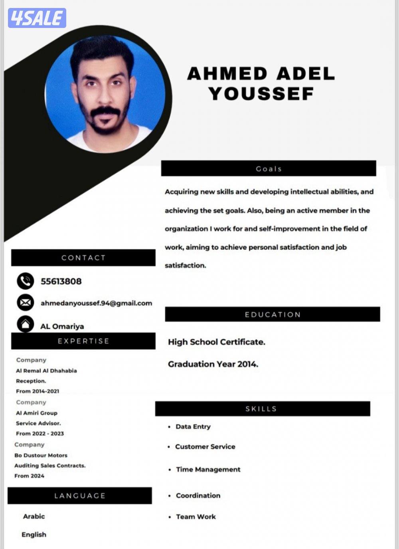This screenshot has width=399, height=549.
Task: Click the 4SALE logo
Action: [37, 18]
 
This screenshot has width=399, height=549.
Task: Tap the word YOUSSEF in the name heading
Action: [261, 94]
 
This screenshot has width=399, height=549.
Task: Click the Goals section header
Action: [269, 169]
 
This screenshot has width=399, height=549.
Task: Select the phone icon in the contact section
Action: [25, 281]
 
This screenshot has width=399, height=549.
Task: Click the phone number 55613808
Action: [61, 281]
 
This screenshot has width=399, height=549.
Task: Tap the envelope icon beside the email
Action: [25, 303]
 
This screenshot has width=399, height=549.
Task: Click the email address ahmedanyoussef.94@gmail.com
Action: [96, 303]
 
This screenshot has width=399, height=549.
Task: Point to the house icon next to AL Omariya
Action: [25, 324]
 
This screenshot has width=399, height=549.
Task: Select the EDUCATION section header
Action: [273, 315]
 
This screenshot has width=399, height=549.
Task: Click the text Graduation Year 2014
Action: [213, 364]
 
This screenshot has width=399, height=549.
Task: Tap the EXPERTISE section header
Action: [83, 341]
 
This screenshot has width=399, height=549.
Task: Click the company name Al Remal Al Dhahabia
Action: [46, 371]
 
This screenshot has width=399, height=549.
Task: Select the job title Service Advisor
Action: [38, 423]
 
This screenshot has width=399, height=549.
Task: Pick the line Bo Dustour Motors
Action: [41, 455]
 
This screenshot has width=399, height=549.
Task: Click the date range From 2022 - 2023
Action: [40, 434]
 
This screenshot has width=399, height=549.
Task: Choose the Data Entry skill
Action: [193, 427]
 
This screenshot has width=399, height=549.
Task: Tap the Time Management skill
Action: [208, 470]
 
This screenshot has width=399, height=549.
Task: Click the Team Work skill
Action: [196, 517]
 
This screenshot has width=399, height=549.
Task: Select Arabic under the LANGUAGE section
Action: [34, 516]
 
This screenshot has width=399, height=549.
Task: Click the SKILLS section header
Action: [261, 409]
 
